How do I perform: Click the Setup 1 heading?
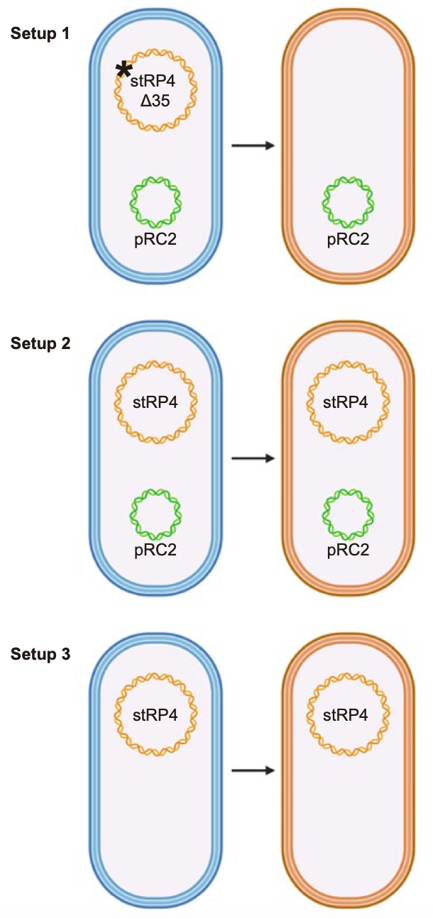[x=40, y=34]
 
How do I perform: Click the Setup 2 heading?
[x=40, y=344]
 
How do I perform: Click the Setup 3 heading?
[x=40, y=654]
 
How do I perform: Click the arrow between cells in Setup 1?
[x=253, y=145]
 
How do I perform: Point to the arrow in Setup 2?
[x=253, y=458]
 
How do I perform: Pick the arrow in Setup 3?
[x=253, y=769]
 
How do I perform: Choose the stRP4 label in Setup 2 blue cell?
[x=155, y=404]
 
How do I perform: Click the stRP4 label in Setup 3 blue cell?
[x=155, y=714]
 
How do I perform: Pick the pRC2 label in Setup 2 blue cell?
[x=155, y=551]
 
